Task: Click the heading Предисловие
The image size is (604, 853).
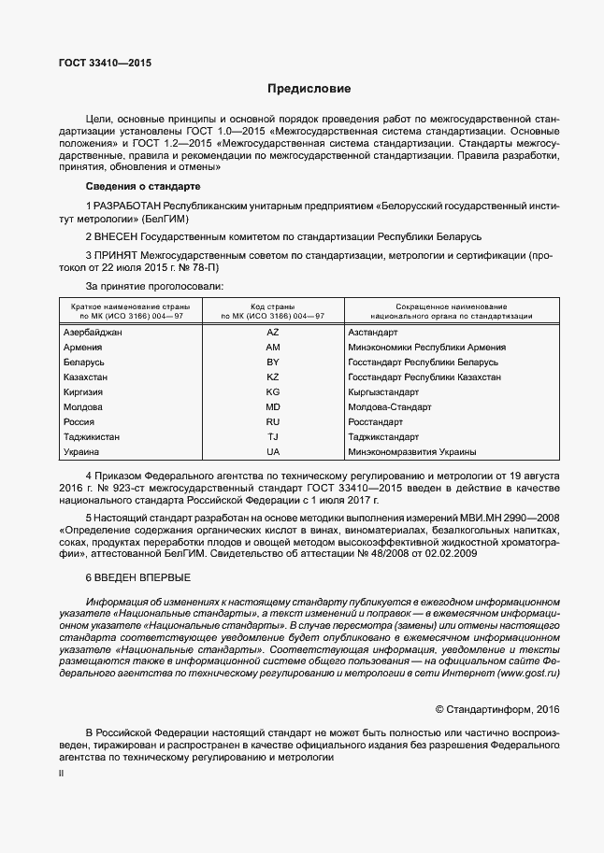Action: point(309,90)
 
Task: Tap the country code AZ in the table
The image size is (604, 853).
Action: point(273,333)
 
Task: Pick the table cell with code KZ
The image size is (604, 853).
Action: point(273,377)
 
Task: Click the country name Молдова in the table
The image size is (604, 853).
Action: point(82,406)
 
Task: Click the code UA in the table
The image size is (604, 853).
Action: point(273,451)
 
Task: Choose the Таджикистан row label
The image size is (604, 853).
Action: point(91,436)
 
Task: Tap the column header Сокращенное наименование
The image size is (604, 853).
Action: point(452,306)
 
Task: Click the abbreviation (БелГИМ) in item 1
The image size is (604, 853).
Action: point(165,218)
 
